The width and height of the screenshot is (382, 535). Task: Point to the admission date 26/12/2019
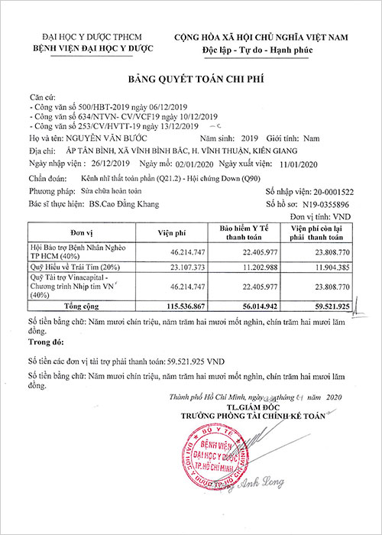(110, 164)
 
